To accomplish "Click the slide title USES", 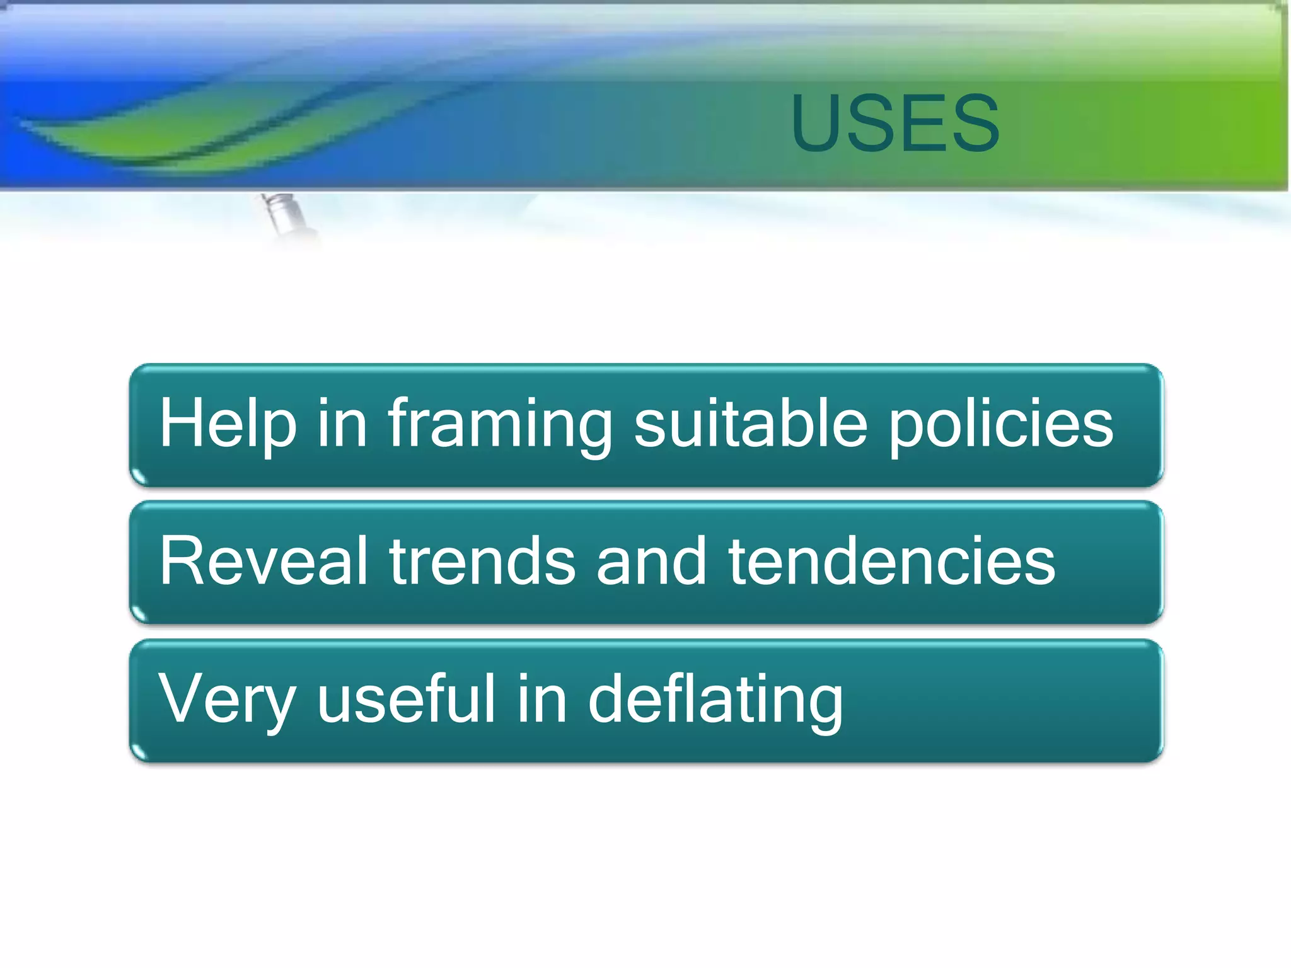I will (895, 123).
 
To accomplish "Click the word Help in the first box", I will (227, 423).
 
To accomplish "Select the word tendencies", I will (891, 561).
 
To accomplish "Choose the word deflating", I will (715, 700).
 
